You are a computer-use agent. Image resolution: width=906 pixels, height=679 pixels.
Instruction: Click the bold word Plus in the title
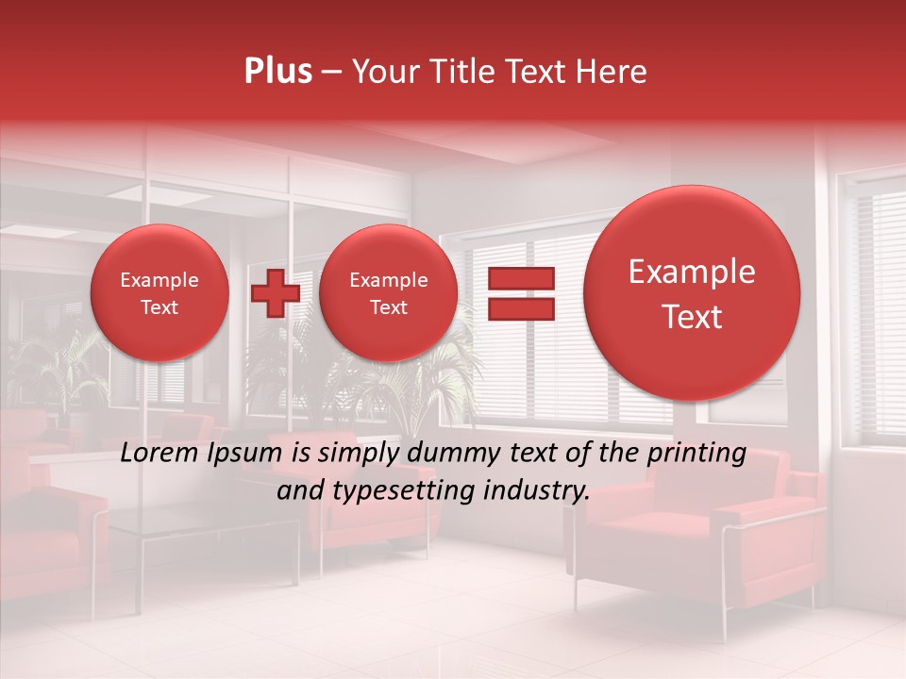[277, 72]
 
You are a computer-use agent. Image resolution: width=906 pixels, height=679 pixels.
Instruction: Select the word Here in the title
[613, 72]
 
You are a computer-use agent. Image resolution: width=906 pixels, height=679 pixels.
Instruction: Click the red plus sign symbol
[275, 293]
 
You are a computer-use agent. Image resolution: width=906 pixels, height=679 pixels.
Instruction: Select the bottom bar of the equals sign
[521, 309]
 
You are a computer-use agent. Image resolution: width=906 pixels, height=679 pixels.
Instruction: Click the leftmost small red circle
[159, 293]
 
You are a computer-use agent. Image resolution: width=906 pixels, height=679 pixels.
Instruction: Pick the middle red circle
[388, 293]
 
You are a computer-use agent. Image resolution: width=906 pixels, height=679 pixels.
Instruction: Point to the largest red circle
[692, 293]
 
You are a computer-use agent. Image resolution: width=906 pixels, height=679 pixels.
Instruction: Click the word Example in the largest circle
[692, 272]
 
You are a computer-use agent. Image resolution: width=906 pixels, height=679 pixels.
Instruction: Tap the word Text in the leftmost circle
[159, 307]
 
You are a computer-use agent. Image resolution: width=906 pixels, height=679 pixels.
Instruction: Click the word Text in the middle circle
[388, 307]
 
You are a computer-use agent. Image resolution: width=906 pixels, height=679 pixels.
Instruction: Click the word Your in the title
[383, 72]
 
